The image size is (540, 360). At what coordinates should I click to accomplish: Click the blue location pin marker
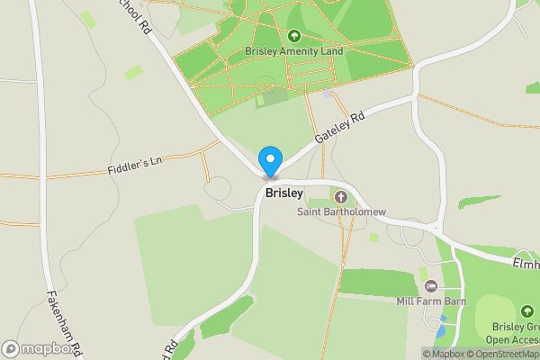(269, 160)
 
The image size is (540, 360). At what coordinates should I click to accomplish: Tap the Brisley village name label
(283, 193)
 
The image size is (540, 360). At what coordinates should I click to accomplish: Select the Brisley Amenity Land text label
(294, 52)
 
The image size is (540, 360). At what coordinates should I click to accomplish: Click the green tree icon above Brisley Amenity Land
(293, 36)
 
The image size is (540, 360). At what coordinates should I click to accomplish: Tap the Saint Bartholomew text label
(341, 212)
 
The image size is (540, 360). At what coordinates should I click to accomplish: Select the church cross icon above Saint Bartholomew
(341, 196)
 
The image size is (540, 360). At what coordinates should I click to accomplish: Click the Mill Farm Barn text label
(431, 301)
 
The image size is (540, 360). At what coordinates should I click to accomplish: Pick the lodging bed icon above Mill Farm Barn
(431, 286)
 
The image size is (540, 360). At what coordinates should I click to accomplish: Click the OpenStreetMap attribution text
(504, 354)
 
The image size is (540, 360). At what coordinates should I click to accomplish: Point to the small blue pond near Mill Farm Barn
(440, 332)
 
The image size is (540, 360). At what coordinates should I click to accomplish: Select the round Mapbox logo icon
(12, 347)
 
